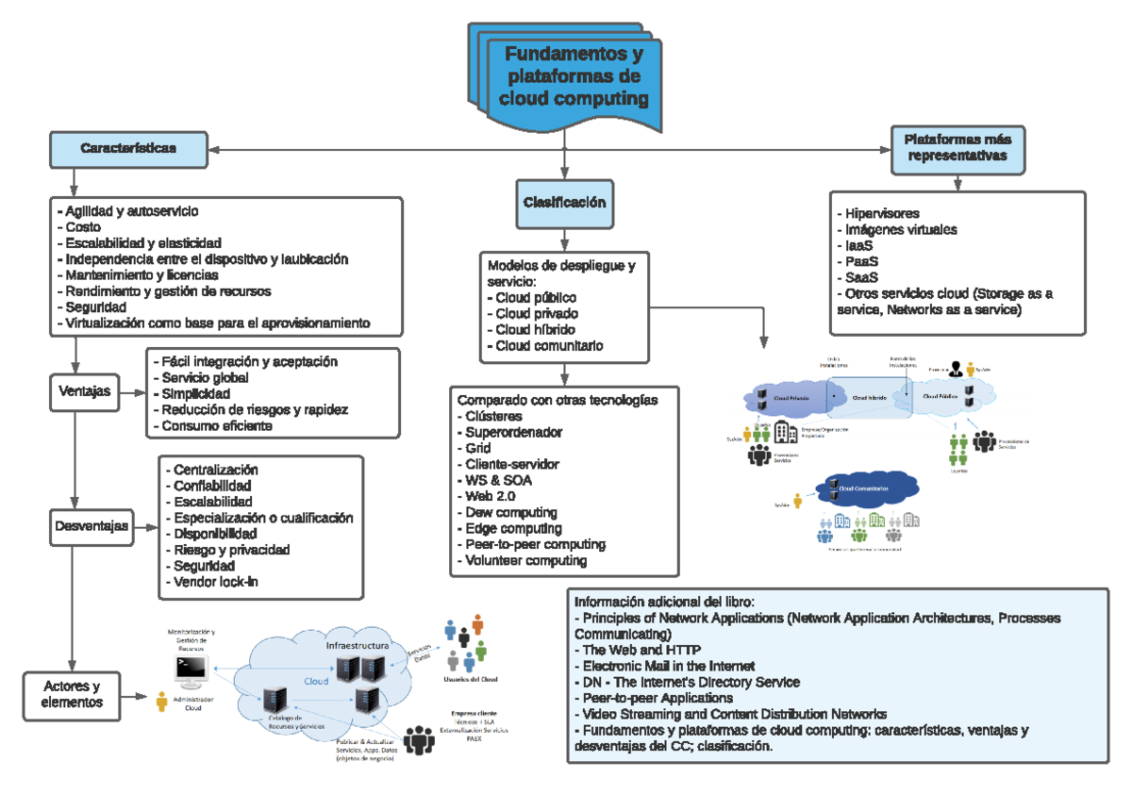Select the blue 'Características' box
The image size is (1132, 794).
[127, 148]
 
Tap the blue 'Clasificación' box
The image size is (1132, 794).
[564, 203]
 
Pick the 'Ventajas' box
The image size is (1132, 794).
[84, 389]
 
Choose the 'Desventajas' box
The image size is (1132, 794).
[89, 526]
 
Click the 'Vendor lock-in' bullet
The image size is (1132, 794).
[216, 582]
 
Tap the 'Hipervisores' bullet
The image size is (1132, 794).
[879, 213]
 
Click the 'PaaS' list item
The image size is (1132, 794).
[858, 261]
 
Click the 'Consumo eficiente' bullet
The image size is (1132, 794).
[216, 425]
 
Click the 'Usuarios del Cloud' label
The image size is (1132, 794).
[470, 678]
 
